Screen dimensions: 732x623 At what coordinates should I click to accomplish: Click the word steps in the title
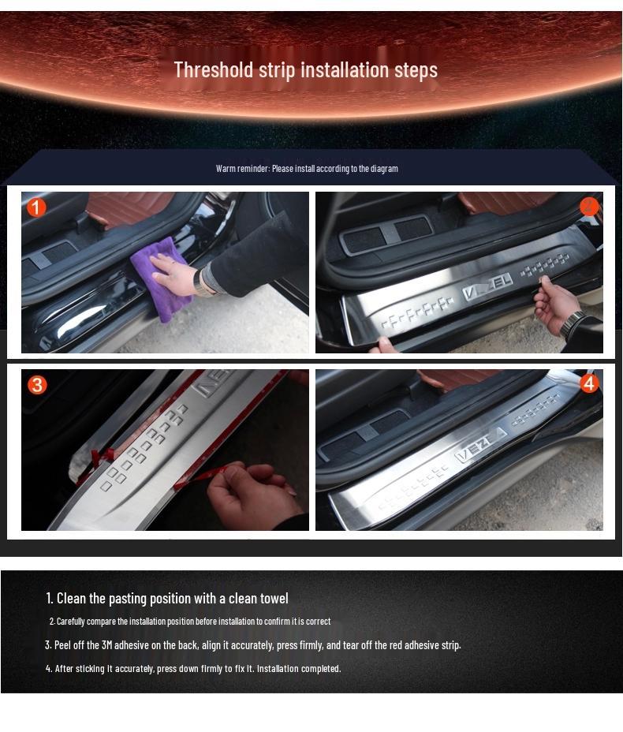416,70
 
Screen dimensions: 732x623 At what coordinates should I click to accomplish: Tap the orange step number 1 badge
36,207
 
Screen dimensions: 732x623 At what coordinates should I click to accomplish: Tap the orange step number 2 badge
589,207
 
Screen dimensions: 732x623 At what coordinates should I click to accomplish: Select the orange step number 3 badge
37,385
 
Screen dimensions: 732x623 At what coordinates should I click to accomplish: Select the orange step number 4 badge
589,383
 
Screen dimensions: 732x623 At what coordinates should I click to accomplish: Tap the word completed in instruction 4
322,669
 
